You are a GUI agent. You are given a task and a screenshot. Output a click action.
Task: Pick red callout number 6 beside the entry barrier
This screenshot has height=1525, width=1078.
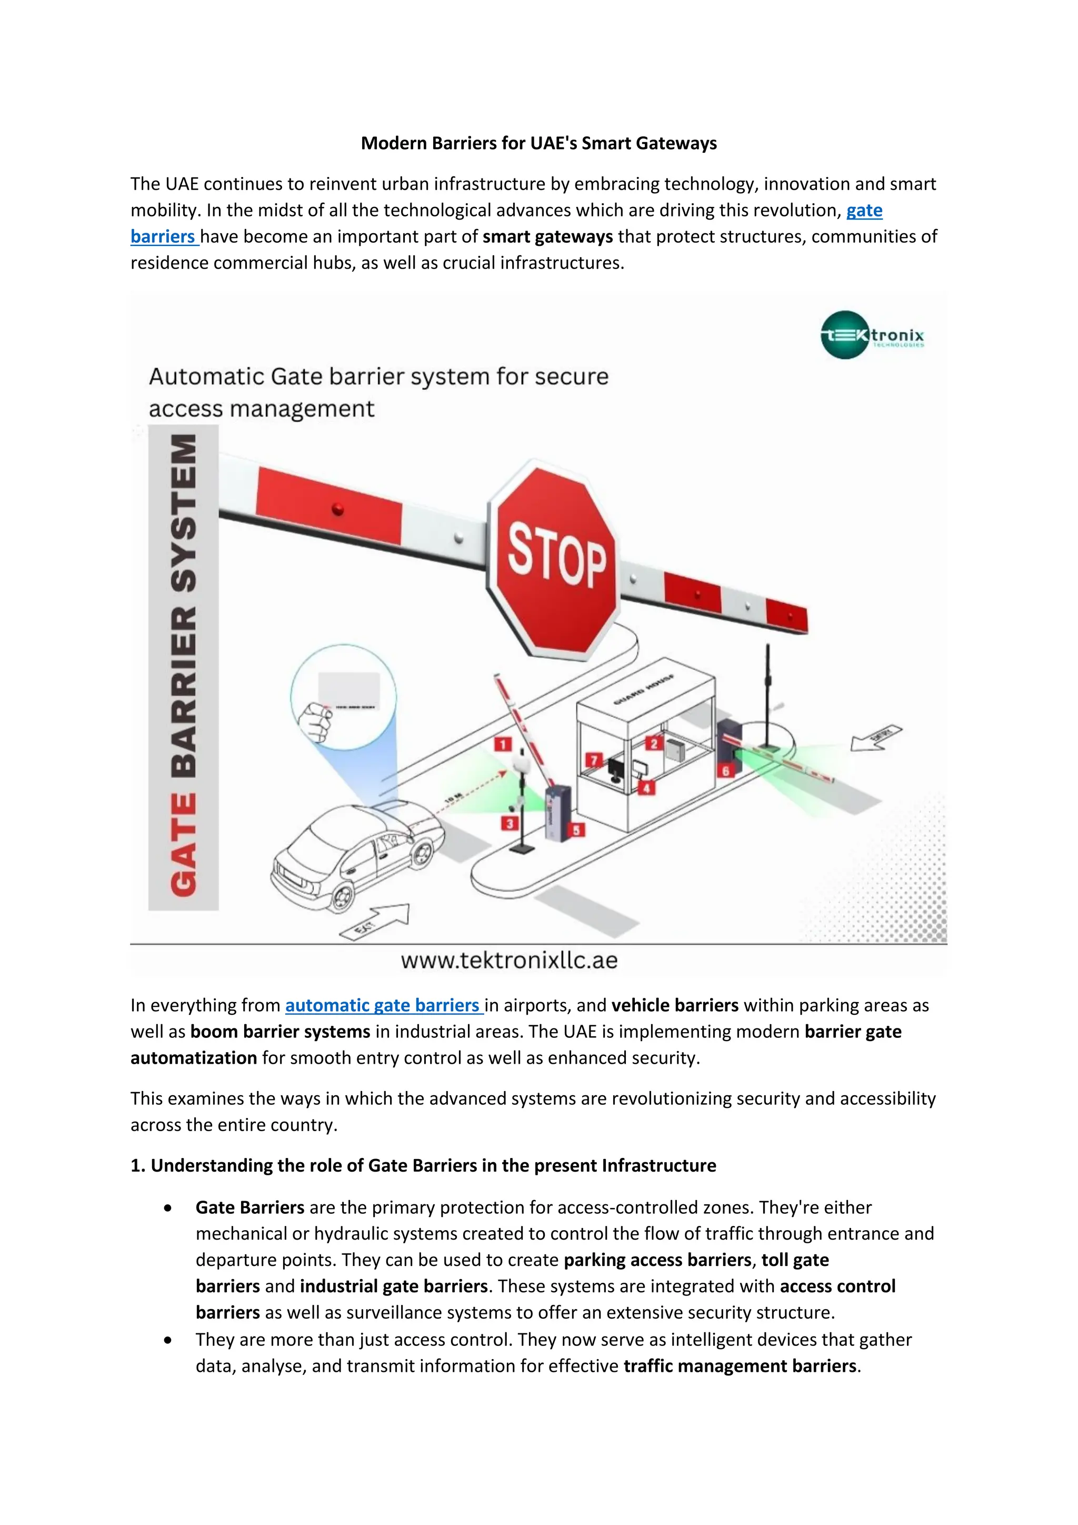(725, 771)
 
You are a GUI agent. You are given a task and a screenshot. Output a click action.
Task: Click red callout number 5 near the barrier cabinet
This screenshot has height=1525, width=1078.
(576, 830)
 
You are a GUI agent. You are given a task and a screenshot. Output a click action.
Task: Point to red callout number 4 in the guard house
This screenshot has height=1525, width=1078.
(646, 788)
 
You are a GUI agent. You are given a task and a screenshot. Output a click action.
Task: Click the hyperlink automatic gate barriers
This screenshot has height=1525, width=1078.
(384, 1006)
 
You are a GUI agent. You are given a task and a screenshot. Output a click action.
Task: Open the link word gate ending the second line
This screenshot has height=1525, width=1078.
(864, 211)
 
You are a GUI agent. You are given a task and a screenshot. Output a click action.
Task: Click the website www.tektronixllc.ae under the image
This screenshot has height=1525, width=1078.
(509, 960)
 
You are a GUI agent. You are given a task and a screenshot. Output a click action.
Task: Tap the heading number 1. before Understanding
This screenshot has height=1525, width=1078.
(137, 1166)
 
